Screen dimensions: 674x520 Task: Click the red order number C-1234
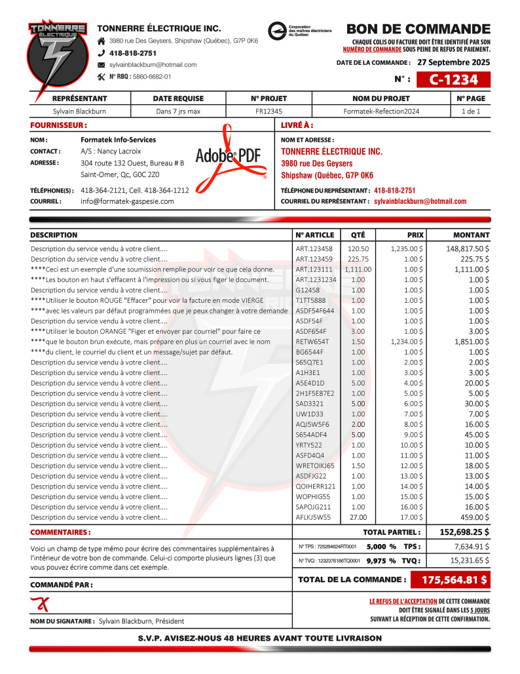click(x=451, y=80)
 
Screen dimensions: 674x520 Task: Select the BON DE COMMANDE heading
click(x=418, y=29)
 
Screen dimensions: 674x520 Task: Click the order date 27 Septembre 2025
click(x=453, y=63)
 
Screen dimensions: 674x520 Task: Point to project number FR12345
click(x=269, y=111)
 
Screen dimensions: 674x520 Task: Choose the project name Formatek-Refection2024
click(x=381, y=111)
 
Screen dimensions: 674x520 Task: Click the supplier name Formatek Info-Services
click(x=119, y=140)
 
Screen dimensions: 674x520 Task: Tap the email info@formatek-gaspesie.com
click(x=127, y=201)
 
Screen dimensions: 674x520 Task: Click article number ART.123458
click(x=314, y=249)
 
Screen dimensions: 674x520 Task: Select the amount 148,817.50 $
click(x=468, y=249)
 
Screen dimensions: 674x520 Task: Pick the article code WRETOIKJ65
click(x=315, y=466)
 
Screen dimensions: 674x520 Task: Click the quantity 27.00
click(x=358, y=517)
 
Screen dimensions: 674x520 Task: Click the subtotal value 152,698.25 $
click(x=464, y=532)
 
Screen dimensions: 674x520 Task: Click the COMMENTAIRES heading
click(x=60, y=532)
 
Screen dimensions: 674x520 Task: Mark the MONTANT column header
click(x=471, y=235)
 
